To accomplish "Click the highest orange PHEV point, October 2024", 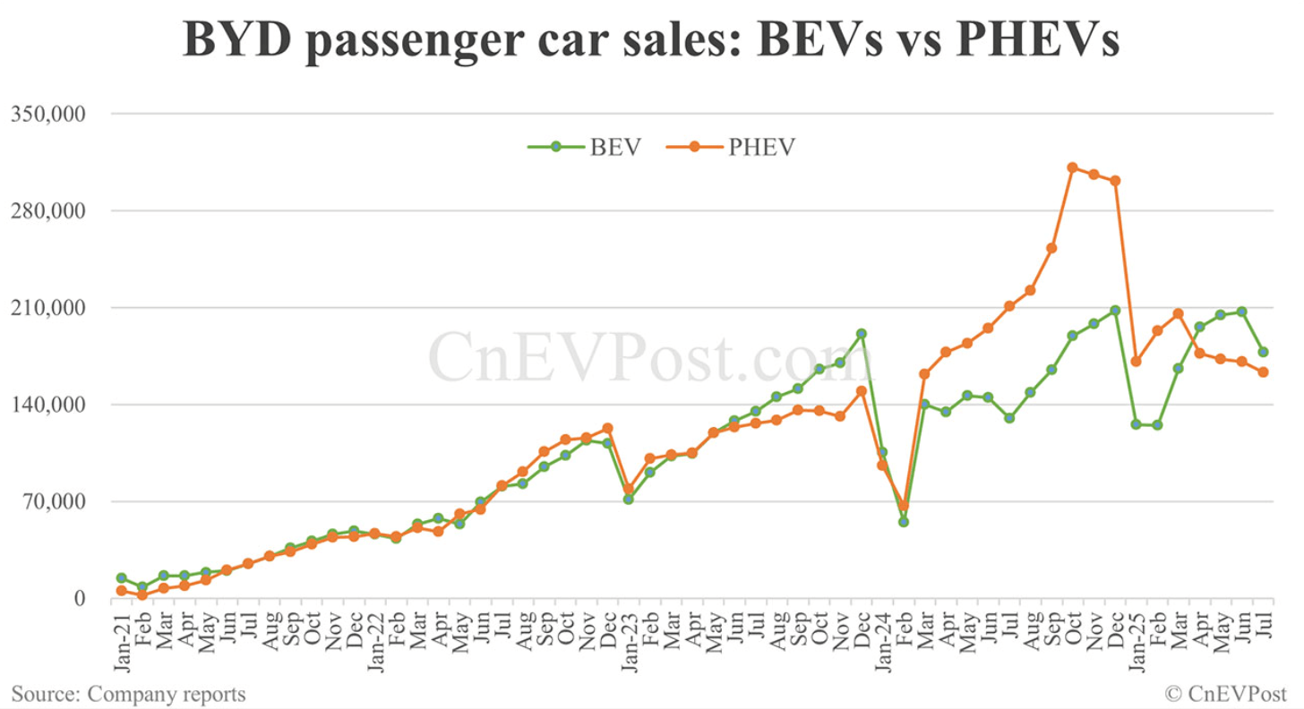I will (x=1072, y=167).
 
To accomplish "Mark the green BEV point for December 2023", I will (x=862, y=334).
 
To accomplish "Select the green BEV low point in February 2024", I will (x=904, y=521).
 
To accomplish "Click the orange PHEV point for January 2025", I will (x=1136, y=362).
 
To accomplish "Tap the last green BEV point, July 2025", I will (x=1263, y=352).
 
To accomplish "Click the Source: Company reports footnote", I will (x=128, y=693).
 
